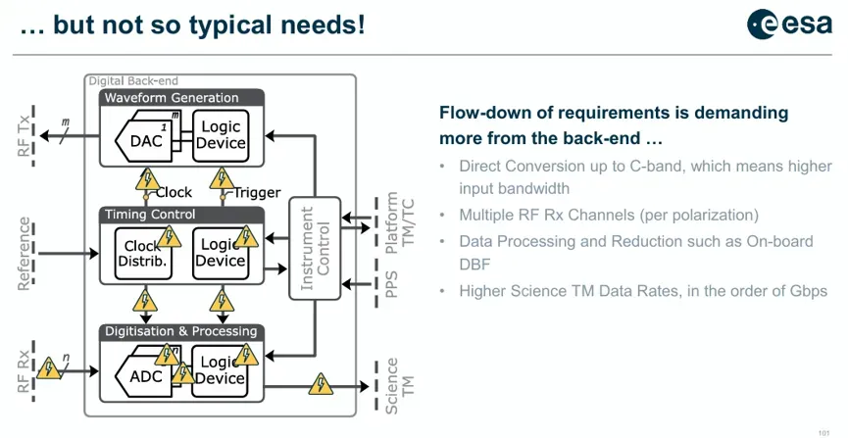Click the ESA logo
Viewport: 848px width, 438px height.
(x=789, y=24)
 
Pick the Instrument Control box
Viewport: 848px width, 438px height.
(x=315, y=248)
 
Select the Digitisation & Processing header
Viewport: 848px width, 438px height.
(x=181, y=331)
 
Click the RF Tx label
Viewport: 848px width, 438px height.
(x=25, y=137)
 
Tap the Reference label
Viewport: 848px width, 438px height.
(x=24, y=254)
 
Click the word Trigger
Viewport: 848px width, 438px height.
(x=257, y=192)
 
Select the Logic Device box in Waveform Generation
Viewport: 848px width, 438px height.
(x=221, y=136)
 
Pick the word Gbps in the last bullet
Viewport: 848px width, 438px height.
(x=809, y=291)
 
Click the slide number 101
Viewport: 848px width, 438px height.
(x=824, y=431)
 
